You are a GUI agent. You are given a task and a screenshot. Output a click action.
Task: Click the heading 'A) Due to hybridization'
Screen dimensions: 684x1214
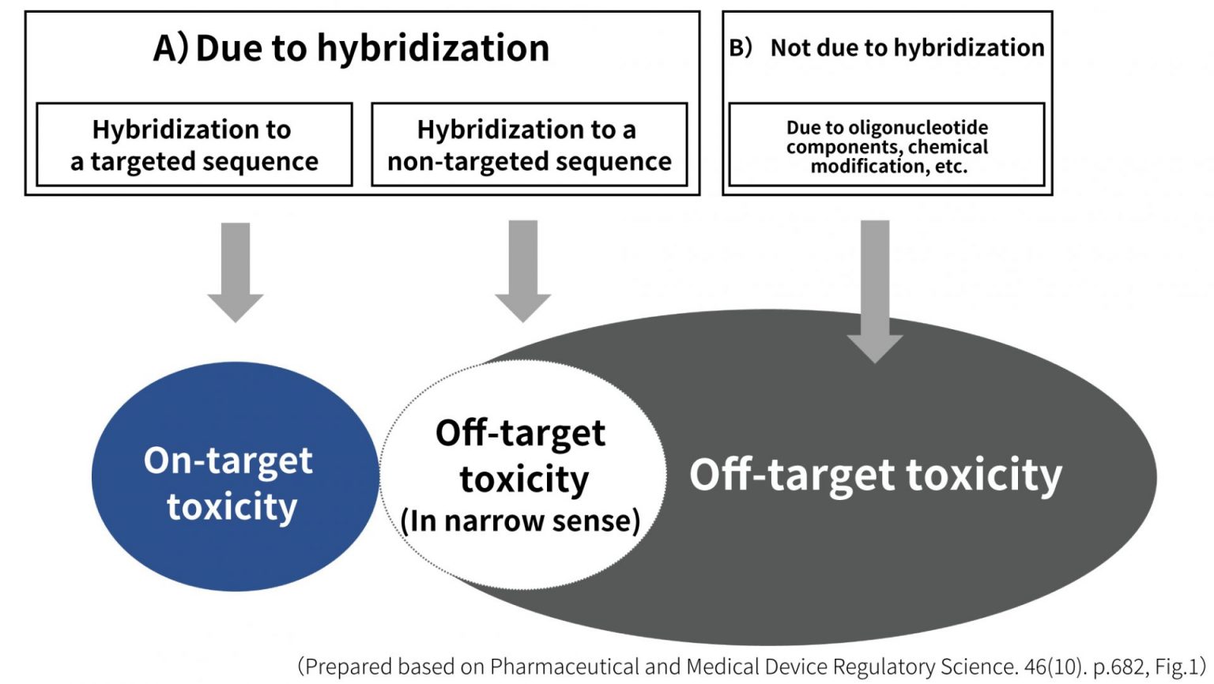click(352, 48)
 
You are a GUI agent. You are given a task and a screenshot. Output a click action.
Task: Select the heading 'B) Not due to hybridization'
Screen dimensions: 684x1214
click(887, 48)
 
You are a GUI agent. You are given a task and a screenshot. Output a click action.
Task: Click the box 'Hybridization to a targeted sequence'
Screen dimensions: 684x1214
click(194, 145)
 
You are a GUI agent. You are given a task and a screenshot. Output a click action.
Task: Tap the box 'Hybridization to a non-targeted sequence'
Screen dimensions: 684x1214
click(529, 145)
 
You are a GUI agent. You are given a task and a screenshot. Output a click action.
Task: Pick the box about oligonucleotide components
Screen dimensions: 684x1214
click(886, 146)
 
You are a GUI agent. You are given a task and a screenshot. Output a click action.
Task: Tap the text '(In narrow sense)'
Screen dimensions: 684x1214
click(520, 521)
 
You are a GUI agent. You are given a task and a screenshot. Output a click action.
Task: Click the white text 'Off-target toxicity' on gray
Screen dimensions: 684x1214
click(876, 475)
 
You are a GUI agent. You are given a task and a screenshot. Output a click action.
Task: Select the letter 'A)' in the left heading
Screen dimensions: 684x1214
click(171, 48)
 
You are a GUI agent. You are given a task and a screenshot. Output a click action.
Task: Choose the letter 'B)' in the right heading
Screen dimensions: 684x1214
click(741, 48)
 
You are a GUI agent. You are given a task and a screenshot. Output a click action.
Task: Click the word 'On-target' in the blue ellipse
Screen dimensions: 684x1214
click(228, 460)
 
